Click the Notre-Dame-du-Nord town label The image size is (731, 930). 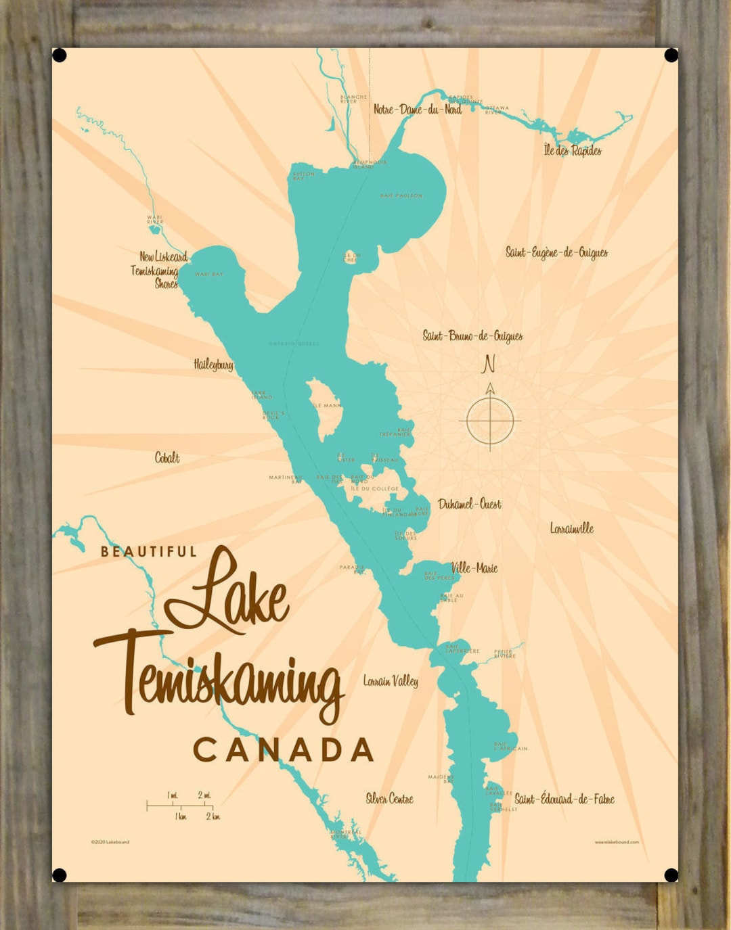point(418,109)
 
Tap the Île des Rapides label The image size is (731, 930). point(573,150)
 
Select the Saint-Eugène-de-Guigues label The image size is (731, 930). point(556,253)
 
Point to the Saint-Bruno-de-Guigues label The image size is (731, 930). point(472,336)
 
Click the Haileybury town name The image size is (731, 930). point(213,365)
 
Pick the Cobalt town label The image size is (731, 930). point(167,458)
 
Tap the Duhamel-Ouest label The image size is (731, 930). point(470,504)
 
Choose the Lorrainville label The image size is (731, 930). point(571,528)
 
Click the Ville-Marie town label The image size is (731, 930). point(474,568)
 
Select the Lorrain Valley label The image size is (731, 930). point(391,681)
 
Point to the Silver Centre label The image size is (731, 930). point(389,799)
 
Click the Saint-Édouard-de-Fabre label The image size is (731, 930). point(564,799)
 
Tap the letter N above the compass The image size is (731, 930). point(488,364)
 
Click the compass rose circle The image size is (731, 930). point(490,421)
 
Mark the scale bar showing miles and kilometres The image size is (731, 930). point(180,806)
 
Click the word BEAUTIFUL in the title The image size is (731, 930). point(149,552)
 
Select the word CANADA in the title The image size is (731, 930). point(284,750)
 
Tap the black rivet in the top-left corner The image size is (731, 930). point(60,55)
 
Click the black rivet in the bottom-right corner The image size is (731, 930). point(671,875)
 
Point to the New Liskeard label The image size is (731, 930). point(163,257)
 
